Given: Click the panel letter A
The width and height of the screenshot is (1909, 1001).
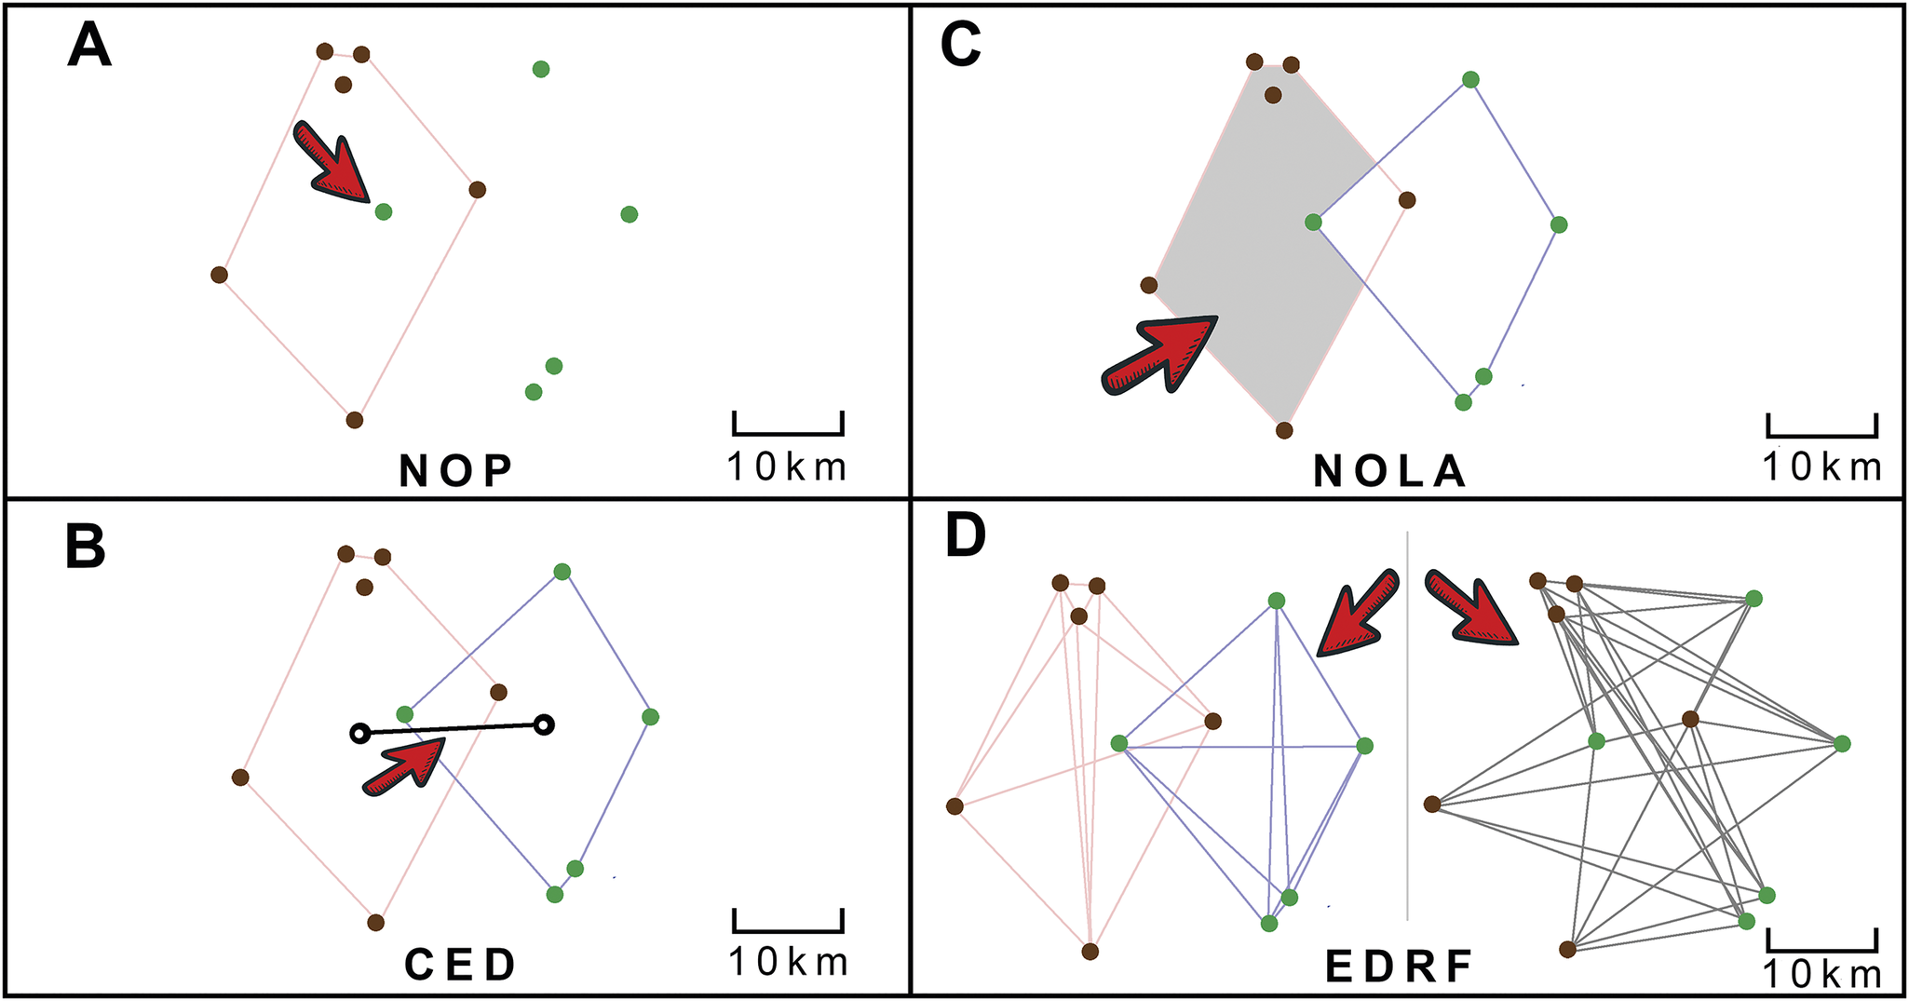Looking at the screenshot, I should [89, 46].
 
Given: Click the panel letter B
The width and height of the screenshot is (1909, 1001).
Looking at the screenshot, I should [86, 548].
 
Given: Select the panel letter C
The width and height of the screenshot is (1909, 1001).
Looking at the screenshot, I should [961, 46].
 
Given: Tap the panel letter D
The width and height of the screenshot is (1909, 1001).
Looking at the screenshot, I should [965, 537].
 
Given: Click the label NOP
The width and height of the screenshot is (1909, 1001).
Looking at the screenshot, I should [456, 471].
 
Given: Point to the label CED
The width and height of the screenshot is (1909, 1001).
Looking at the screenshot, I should [460, 966].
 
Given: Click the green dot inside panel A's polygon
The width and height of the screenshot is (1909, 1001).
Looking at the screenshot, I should [383, 212].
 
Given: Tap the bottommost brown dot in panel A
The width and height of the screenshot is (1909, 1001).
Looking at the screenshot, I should [354, 420].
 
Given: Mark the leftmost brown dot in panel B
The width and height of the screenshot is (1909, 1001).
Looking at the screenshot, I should [240, 777].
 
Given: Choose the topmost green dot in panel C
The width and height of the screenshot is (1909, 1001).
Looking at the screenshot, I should [1470, 80].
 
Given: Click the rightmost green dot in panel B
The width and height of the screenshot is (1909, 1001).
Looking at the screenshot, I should [650, 716].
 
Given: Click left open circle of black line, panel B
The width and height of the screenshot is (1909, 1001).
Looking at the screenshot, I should [359, 734].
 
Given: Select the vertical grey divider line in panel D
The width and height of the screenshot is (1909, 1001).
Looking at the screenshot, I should [1407, 726].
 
